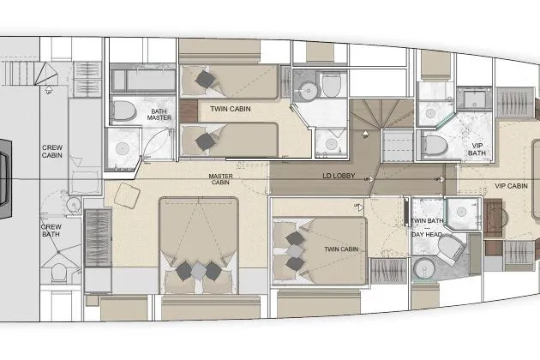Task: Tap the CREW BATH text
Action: [51, 231]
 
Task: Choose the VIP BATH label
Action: [479, 149]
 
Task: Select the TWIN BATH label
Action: [427, 220]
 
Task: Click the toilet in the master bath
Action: [123, 110]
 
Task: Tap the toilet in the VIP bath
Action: [434, 142]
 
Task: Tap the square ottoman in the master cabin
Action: [127, 195]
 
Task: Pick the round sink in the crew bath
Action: [75, 204]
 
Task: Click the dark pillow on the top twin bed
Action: [204, 78]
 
